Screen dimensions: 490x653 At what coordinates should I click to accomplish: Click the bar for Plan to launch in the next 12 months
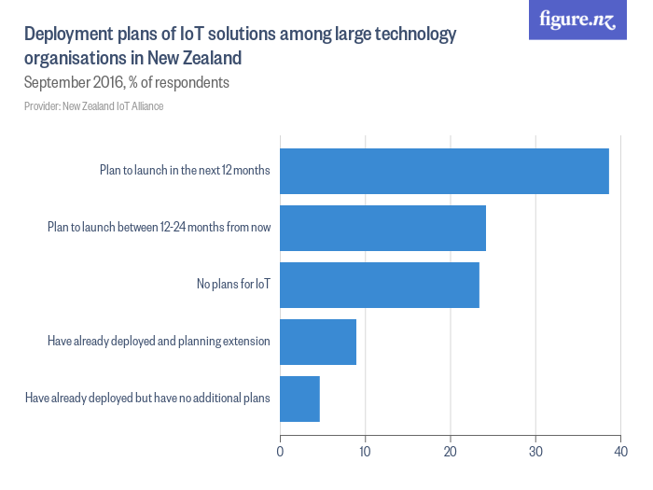point(444,171)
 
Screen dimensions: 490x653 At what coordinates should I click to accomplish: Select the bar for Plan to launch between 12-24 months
point(382,228)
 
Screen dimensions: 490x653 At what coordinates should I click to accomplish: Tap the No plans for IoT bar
point(380,285)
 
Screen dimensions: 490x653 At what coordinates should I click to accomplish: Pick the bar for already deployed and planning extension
point(318,342)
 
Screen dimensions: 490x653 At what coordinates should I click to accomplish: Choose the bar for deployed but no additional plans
point(299,399)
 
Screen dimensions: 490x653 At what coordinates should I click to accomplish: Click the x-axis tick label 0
point(280,453)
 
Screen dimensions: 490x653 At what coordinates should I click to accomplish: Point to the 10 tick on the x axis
point(365,453)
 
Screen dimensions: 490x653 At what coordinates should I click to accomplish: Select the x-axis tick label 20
point(451,453)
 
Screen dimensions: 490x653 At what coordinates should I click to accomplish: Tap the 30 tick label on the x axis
point(535,453)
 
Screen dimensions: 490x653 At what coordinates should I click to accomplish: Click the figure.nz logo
point(578,20)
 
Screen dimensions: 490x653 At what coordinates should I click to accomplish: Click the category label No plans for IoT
point(232,285)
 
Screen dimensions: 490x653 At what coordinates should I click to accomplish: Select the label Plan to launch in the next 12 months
point(185,171)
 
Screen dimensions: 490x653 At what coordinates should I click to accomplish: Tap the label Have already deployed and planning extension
point(159,342)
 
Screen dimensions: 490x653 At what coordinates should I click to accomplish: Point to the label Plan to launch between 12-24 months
point(159,228)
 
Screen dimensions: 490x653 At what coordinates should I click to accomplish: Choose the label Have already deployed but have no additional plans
point(147,399)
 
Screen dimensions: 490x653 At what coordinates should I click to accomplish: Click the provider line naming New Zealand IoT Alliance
point(93,106)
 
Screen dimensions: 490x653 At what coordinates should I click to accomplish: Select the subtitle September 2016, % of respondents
point(126,82)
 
